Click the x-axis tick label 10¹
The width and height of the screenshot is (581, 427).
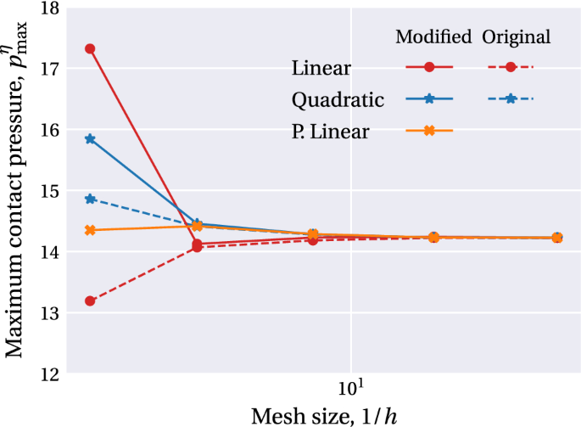[351, 389]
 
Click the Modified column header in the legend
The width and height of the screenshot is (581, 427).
[433, 37]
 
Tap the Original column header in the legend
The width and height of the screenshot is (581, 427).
[517, 37]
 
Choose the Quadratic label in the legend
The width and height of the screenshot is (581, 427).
[338, 99]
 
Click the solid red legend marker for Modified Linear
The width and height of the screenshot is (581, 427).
[430, 67]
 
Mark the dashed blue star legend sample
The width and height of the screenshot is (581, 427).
[511, 99]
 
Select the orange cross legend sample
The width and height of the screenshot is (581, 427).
[430, 131]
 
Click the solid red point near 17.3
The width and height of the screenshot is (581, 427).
[90, 49]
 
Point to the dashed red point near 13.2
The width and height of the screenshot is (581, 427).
[90, 301]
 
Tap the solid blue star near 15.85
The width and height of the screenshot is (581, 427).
[90, 138]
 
